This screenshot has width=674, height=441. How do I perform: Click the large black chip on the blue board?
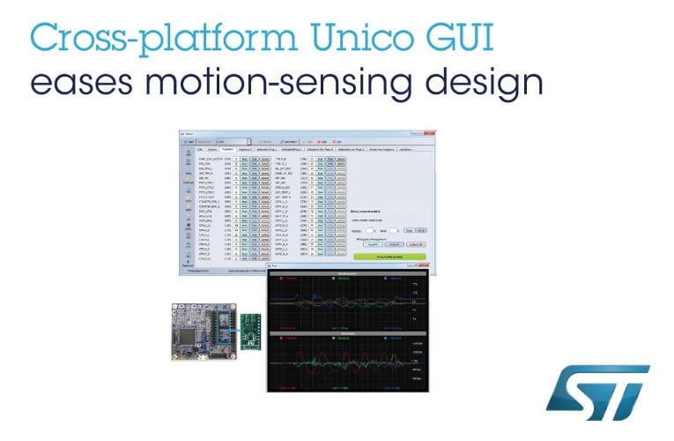point(193,340)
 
